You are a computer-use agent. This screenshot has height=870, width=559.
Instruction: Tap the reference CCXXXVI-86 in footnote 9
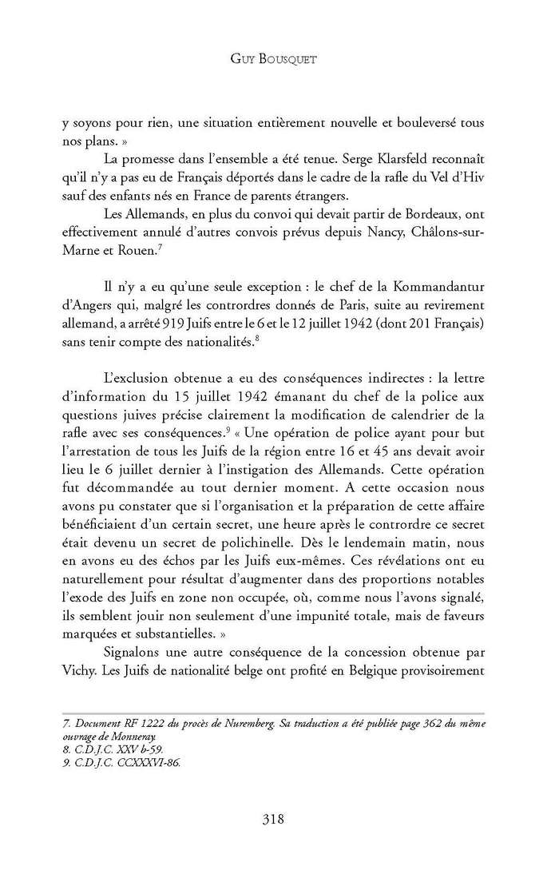[x=149, y=763]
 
